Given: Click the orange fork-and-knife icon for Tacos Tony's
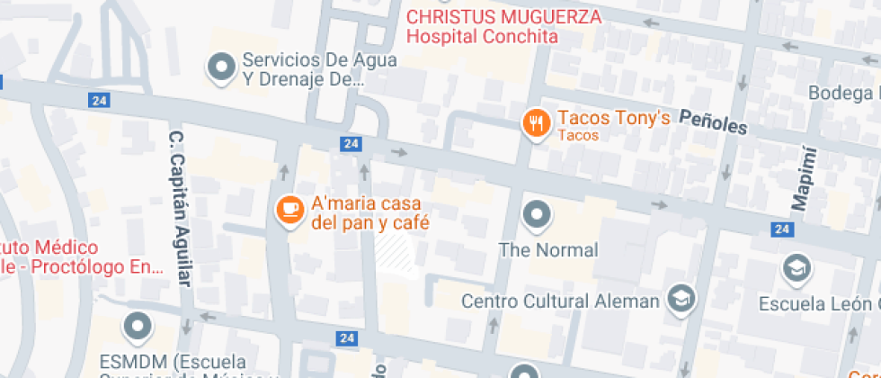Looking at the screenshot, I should pyautogui.click(x=537, y=123).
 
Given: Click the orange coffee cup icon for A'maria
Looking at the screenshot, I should pyautogui.click(x=289, y=210).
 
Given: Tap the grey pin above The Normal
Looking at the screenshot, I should pyautogui.click(x=537, y=214).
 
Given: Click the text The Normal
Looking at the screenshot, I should pyautogui.click(x=547, y=250).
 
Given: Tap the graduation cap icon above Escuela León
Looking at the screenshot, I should pyautogui.click(x=796, y=267).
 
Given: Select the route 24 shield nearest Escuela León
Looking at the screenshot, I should pyautogui.click(x=782, y=230).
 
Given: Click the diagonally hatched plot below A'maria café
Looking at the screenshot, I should pyautogui.click(x=396, y=253).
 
